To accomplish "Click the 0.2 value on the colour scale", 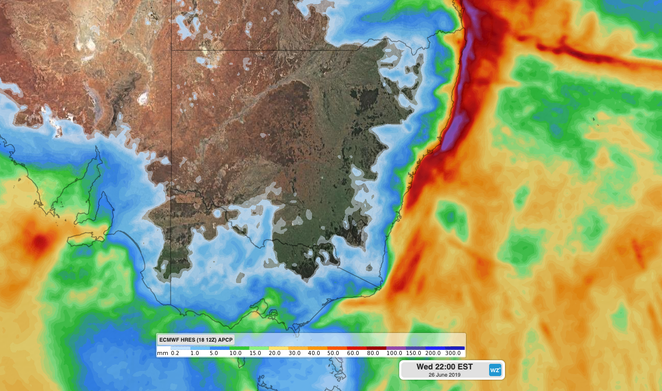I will pyautogui.click(x=175, y=353).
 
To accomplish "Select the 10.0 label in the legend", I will pyautogui.click(x=236, y=353).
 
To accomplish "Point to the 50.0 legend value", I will pyautogui.click(x=333, y=353).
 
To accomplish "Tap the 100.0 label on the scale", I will pyautogui.click(x=394, y=353).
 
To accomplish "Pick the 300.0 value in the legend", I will pyautogui.click(x=453, y=353).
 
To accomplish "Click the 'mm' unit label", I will pyautogui.click(x=163, y=353).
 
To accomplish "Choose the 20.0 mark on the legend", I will pyautogui.click(x=275, y=353).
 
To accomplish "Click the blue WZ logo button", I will pyautogui.click(x=495, y=370).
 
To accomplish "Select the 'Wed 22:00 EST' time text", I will pyautogui.click(x=444, y=367).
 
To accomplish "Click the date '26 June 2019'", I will pyautogui.click(x=444, y=375).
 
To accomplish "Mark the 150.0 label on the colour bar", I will pyautogui.click(x=413, y=353).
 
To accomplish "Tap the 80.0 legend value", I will pyautogui.click(x=373, y=353).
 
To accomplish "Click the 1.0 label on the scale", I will pyautogui.click(x=195, y=353).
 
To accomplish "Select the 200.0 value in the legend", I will pyautogui.click(x=433, y=353).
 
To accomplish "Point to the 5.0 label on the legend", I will pyautogui.click(x=215, y=353).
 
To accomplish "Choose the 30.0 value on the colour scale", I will pyautogui.click(x=294, y=353).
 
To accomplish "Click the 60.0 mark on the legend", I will pyautogui.click(x=353, y=353).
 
